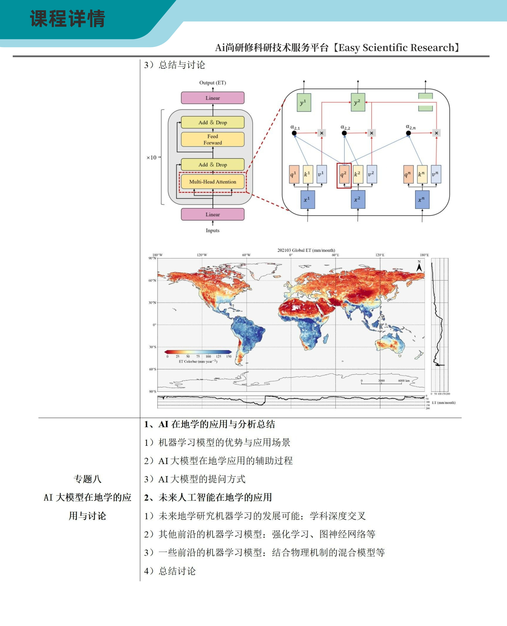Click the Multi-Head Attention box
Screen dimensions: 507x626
pyautogui.click(x=213, y=182)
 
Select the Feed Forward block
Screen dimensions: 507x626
pyautogui.click(x=213, y=139)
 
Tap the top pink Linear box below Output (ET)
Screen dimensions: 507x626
pyautogui.click(x=213, y=98)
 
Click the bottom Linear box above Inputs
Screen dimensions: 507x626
pyautogui.click(x=213, y=214)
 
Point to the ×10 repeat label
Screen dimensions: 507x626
pyautogui.click(x=152, y=158)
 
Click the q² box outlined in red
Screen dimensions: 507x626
pyautogui.click(x=344, y=175)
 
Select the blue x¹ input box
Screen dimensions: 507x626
pyautogui.click(x=308, y=200)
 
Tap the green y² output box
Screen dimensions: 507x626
pyautogui.click(x=358, y=102)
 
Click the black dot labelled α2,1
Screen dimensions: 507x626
pyautogui.click(x=294, y=133)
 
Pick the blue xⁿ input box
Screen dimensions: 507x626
pyautogui.click(x=422, y=200)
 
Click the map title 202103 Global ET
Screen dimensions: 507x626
pyautogui.click(x=306, y=250)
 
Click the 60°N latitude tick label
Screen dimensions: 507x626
pyautogui.click(x=152, y=281)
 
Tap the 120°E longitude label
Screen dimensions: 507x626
pyautogui.click(x=380, y=255)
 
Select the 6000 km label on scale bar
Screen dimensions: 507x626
pyautogui.click(x=404, y=381)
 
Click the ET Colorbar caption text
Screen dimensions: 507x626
pyautogui.click(x=198, y=361)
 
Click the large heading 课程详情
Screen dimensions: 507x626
pyautogui.click(x=67, y=19)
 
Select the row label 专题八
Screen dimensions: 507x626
pyautogui.click(x=88, y=479)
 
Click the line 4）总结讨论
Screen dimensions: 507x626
pyautogui.click(x=170, y=571)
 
